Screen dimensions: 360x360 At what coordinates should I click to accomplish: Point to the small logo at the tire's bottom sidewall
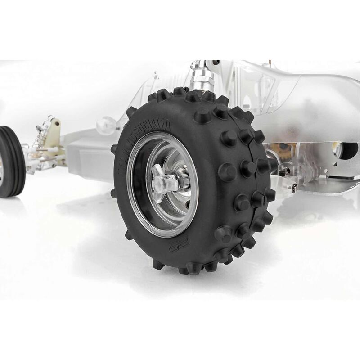click(x=180, y=243)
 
